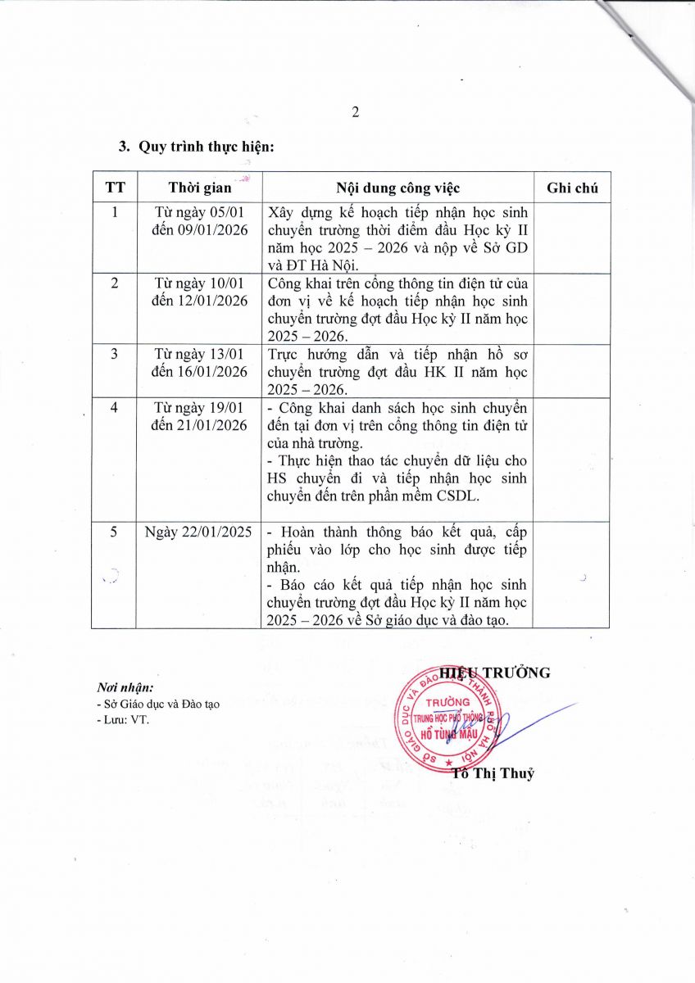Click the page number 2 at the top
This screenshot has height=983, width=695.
356,112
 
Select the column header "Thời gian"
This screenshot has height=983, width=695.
199,188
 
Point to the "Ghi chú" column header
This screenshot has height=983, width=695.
572,188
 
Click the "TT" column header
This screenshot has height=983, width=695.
115,188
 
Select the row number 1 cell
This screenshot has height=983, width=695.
115,212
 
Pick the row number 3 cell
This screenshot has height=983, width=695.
115,354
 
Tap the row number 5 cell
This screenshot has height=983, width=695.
115,532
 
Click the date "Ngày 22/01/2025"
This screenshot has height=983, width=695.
199,532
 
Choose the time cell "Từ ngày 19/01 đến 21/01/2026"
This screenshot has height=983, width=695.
199,416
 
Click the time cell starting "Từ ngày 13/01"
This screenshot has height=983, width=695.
199,362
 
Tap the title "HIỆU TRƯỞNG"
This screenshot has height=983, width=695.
494,673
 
